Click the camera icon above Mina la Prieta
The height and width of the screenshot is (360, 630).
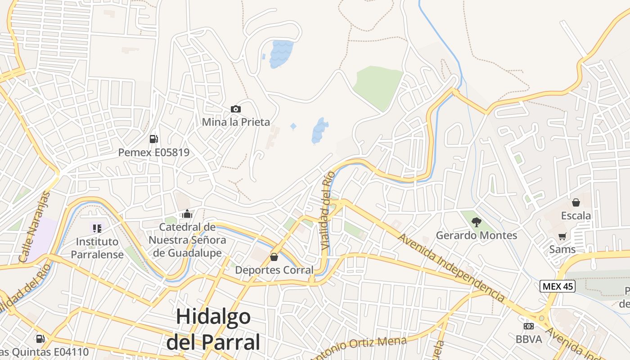[235, 109]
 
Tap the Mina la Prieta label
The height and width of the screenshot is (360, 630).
[236, 122]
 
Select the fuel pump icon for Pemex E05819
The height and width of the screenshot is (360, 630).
[153, 139]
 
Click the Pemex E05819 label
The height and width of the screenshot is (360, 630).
[154, 153]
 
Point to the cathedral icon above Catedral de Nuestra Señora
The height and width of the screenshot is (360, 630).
[187, 214]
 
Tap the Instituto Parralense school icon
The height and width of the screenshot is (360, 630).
[97, 229]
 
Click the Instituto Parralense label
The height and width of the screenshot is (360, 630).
[97, 248]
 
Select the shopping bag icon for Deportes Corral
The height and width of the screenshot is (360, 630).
[274, 257]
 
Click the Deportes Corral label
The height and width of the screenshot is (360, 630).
[274, 270]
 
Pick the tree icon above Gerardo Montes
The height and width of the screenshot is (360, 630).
[476, 222]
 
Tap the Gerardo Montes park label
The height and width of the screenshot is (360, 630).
[477, 235]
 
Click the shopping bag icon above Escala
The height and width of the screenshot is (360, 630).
[576, 202]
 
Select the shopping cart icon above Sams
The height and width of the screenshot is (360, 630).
[562, 236]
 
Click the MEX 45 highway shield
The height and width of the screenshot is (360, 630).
[558, 286]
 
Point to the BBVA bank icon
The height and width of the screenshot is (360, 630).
[529, 326]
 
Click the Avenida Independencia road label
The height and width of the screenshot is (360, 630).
[451, 268]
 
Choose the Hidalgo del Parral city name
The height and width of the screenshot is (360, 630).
[213, 329]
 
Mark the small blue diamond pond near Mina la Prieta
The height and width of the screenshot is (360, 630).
[293, 126]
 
